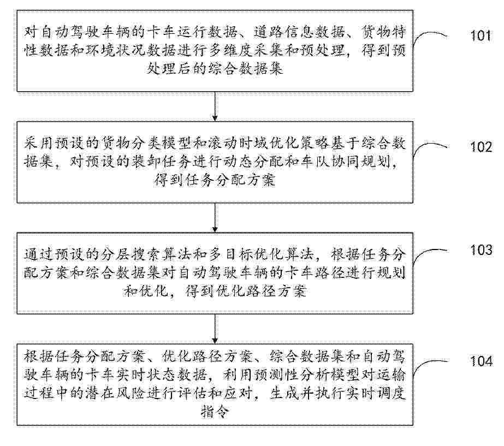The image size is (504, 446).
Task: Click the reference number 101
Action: pos(481,35)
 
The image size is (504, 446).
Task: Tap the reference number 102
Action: pos(481,147)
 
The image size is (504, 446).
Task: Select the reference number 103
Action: pos(481,250)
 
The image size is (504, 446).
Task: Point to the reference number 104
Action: pos(481,361)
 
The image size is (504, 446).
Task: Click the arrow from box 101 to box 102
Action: pos(215,106)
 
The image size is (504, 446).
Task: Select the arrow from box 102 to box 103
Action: pos(215,218)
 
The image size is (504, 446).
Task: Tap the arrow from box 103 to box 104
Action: pos(215,329)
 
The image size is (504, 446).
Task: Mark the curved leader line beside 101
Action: pos(429,35)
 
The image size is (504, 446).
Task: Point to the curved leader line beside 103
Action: pos(429,253)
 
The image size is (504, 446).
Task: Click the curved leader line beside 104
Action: pos(429,364)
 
